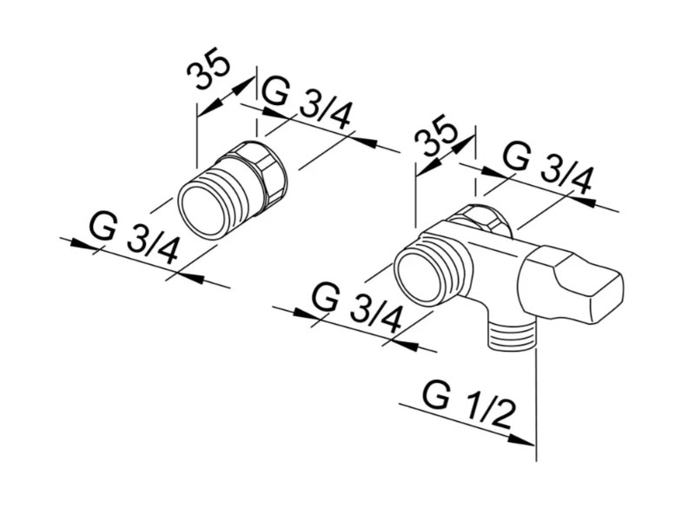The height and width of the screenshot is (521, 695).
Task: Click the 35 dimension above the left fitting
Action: [208, 69]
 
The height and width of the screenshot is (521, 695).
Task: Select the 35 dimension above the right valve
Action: [435, 137]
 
